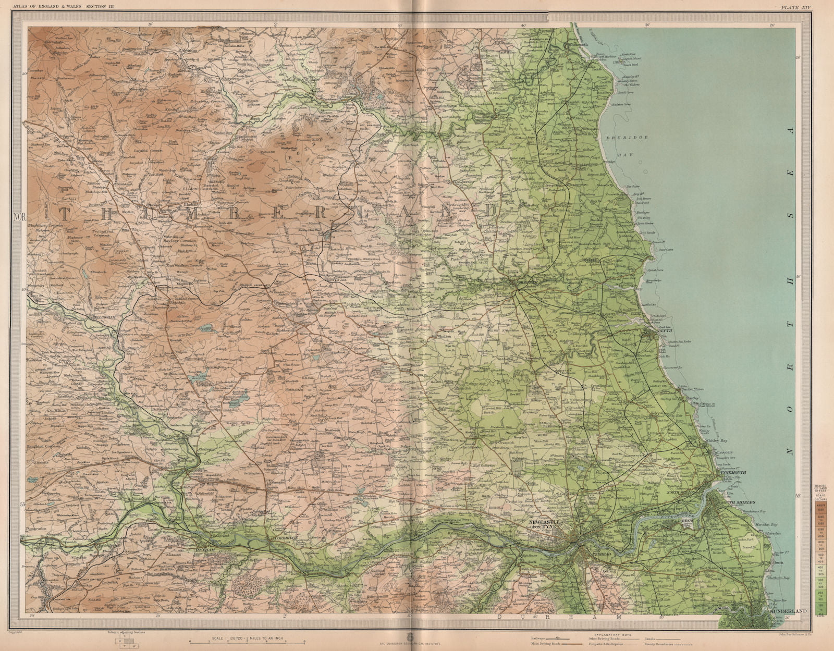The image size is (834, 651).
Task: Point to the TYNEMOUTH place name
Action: click(x=735, y=473)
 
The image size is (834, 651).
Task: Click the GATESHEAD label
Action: click(x=597, y=554)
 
